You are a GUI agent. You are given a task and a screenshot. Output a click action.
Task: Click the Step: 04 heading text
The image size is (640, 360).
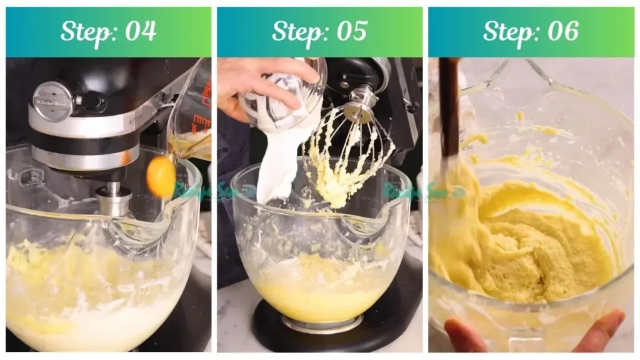click(108, 31)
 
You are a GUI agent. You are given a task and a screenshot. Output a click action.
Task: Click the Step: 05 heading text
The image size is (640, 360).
click(319, 31)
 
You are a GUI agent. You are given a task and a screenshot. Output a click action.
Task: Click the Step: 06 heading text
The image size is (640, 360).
click(531, 31)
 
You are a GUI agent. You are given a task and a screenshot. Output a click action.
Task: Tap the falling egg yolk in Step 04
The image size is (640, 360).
click(161, 176)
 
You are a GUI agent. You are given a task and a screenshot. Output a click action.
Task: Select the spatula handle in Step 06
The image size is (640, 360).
click(449, 106)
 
